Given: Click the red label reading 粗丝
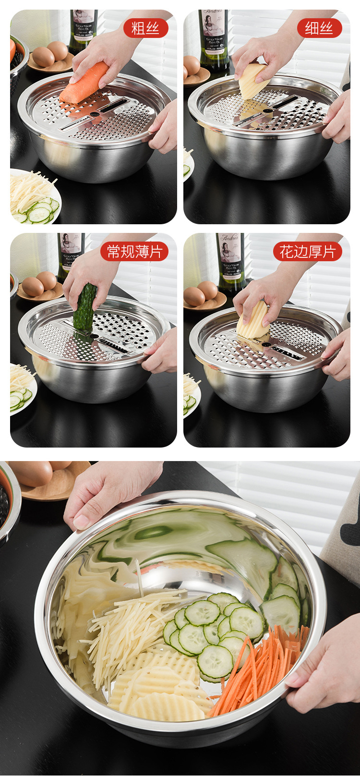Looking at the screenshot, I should point(145,28).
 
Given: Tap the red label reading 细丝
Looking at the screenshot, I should point(319,28).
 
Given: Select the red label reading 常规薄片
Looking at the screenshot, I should point(134,252).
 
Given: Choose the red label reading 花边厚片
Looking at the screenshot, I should point(308,252).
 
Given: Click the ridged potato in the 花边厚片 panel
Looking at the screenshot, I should point(252,321).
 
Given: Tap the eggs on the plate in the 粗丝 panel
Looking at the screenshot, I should point(50,54).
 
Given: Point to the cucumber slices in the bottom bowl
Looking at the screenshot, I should point(211,629).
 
